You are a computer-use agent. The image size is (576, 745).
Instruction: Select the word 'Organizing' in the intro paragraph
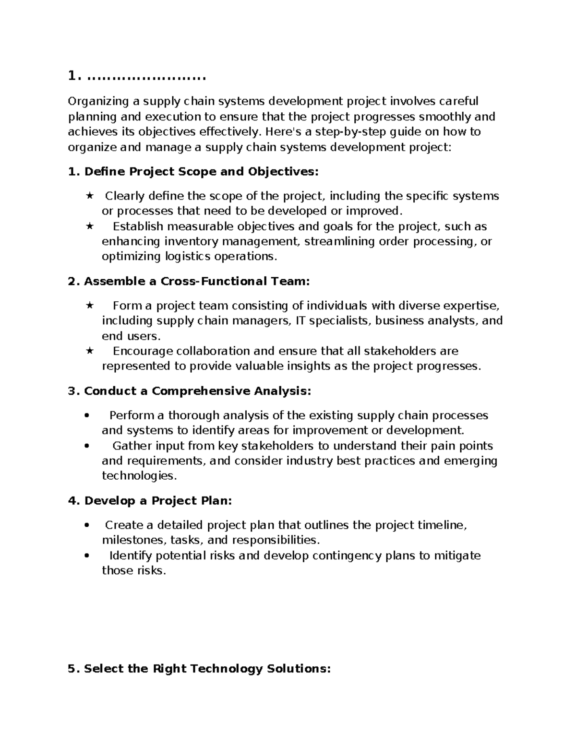tap(98, 101)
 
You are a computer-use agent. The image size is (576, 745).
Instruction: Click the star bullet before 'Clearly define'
tap(89, 196)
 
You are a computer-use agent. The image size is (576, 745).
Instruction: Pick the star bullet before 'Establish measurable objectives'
tap(89, 226)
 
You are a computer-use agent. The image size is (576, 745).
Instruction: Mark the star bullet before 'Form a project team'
tap(89, 306)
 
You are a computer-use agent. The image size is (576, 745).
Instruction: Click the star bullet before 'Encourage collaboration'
tap(89, 351)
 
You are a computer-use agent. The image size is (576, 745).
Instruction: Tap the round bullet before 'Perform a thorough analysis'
tap(87, 416)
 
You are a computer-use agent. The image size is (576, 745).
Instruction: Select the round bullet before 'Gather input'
tap(87, 446)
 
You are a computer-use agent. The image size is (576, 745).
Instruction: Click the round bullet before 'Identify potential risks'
tap(87, 556)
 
